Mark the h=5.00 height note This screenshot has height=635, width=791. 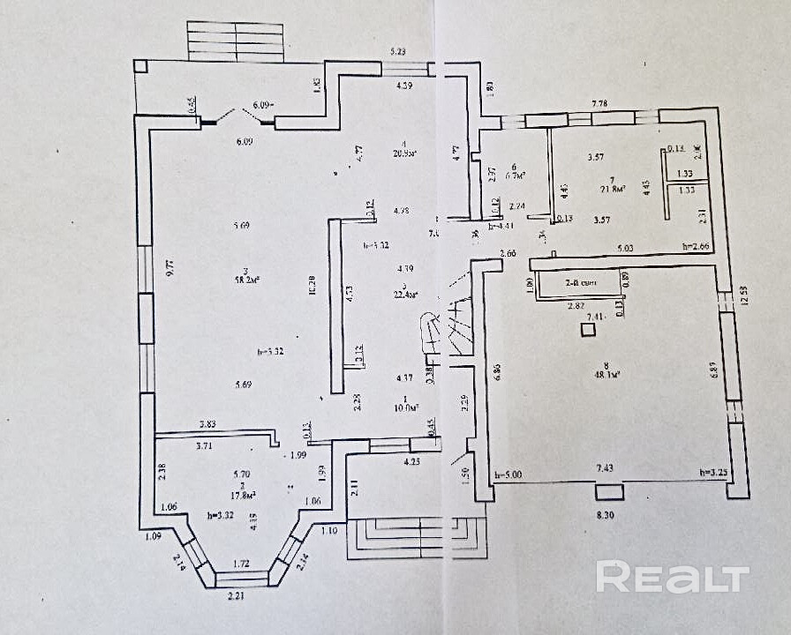[x=508, y=474]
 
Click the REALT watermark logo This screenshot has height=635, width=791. [x=672, y=577]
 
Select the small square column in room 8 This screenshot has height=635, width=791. [x=586, y=330]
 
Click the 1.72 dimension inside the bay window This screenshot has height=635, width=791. [x=239, y=562]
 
